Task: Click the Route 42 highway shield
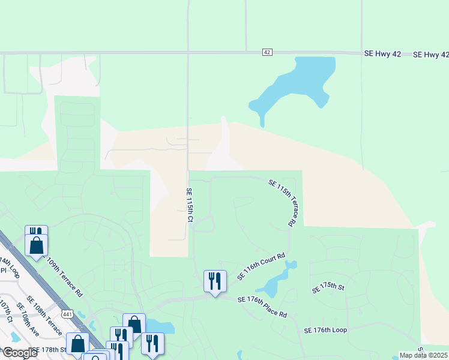(x=267, y=52)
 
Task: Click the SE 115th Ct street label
(x=188, y=206)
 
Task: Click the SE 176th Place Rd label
(x=262, y=307)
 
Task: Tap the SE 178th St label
(x=50, y=349)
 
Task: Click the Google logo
(x=19, y=353)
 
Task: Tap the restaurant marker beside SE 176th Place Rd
(x=214, y=281)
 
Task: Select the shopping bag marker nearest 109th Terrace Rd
(x=37, y=245)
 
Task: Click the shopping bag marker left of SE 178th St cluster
(x=78, y=343)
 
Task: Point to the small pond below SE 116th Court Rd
(x=276, y=281)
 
